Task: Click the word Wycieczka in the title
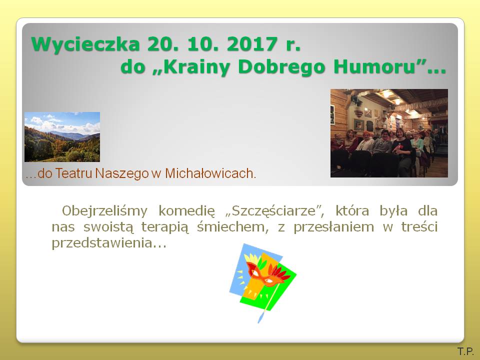coord(85,44)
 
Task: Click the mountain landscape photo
coord(62,137)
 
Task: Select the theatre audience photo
coord(389,133)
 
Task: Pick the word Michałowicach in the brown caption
coord(210,173)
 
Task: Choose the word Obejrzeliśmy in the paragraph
coord(104,211)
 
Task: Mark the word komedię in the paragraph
coord(186,211)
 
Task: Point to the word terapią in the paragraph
coord(164,227)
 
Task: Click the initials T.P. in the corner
coord(465,351)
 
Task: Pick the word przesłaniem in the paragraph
coord(333,227)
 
